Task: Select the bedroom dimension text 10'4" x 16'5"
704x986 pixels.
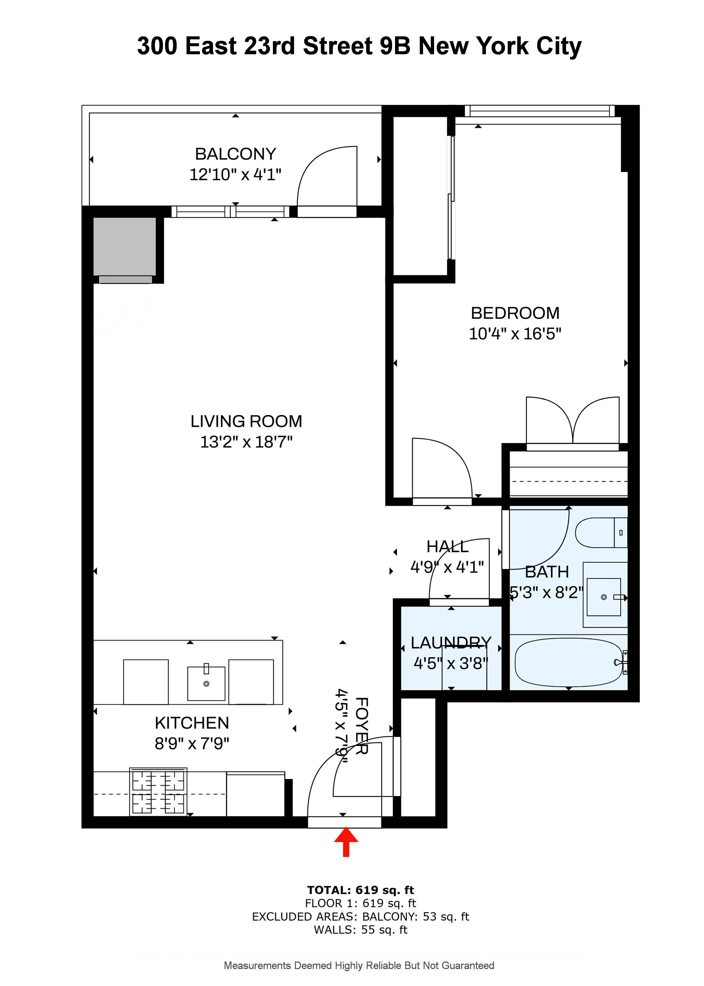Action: (515, 334)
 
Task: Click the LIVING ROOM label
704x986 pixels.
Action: (246, 421)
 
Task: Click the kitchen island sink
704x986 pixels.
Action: (206, 683)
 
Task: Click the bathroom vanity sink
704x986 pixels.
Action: (604, 597)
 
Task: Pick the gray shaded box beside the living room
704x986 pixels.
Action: (125, 246)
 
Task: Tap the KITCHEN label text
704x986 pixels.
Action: (192, 723)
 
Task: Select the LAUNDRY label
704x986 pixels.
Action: (451, 643)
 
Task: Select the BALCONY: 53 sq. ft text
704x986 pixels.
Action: (415, 917)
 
